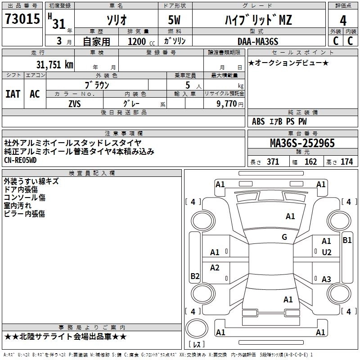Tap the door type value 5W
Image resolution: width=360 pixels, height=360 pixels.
click(175, 20)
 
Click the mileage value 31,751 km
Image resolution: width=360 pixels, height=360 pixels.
click(54, 64)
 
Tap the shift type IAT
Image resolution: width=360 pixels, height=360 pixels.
click(13, 94)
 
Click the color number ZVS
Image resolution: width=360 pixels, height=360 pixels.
click(75, 103)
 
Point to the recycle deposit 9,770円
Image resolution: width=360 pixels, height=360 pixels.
click(227, 103)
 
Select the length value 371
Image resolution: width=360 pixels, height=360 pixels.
click(273, 162)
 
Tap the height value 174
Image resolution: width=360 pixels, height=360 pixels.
click(346, 162)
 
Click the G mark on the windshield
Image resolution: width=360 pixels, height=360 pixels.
click(284, 237)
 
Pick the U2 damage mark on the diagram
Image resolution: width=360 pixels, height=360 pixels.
click(326, 252)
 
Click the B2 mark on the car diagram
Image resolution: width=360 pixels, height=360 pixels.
click(195, 276)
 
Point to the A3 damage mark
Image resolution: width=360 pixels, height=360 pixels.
click(326, 279)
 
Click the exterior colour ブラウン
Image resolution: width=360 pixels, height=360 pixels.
click(97, 85)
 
